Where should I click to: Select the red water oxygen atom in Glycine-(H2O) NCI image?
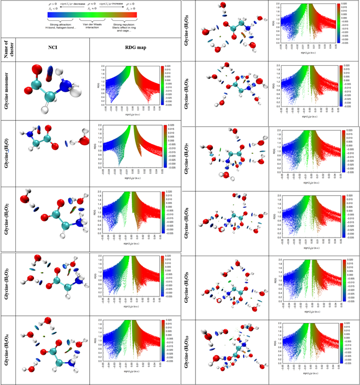click(83, 141)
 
